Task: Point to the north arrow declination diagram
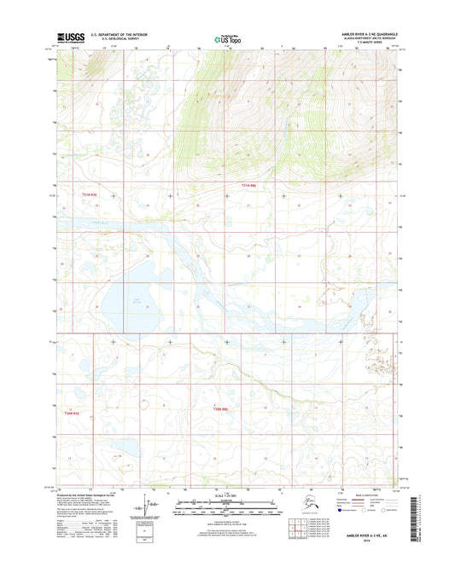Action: [178, 510]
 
